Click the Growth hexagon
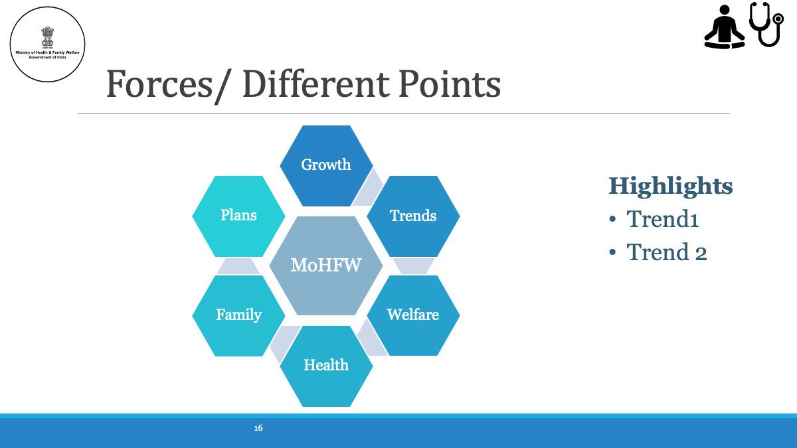[x=326, y=166]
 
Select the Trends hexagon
[x=413, y=216]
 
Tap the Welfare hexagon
[x=413, y=315]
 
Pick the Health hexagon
[x=326, y=366]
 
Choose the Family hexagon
[x=238, y=316]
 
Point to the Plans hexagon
[x=238, y=216]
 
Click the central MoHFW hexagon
[x=326, y=265]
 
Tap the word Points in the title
[x=450, y=85]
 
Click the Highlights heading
[x=671, y=187]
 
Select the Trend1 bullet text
[x=663, y=218]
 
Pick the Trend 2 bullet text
[x=666, y=252]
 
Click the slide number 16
[x=258, y=428]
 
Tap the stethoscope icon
[x=766, y=24]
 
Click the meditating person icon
[x=725, y=27]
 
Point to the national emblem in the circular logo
[x=47, y=37]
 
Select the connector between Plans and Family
[x=238, y=266]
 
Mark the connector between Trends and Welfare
[x=414, y=266]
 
